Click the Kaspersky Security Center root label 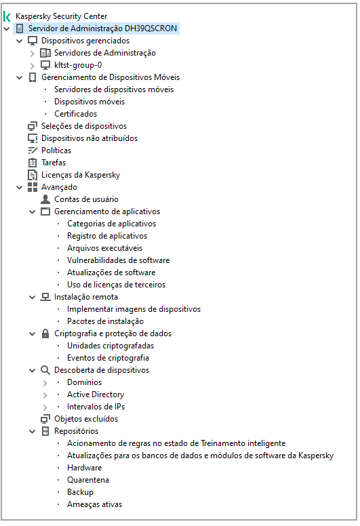click(x=61, y=16)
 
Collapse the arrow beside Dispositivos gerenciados click(x=20, y=41)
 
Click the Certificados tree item click(x=75, y=114)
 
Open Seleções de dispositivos click(x=83, y=126)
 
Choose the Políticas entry click(x=56, y=150)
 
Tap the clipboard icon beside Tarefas click(x=33, y=163)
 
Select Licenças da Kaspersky click(x=80, y=175)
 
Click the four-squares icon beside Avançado click(x=33, y=187)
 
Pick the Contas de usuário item click(x=86, y=199)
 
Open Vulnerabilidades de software click(x=118, y=260)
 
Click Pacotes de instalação click(x=105, y=321)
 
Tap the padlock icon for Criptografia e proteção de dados click(x=45, y=333)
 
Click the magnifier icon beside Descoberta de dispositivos click(x=45, y=370)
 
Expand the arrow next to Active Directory click(x=45, y=394)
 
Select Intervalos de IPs click(x=96, y=407)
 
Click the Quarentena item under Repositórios click(x=87, y=480)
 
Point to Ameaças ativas click(x=94, y=504)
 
